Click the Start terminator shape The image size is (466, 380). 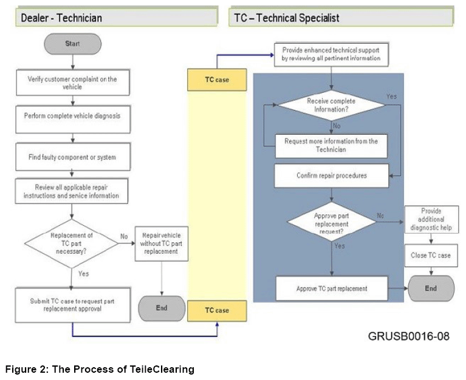pyautogui.click(x=72, y=44)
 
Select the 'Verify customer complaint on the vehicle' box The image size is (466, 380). pyautogui.click(x=72, y=83)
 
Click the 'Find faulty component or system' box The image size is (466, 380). pyautogui.click(x=72, y=157)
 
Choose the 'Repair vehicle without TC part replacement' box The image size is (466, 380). pyautogui.click(x=160, y=243)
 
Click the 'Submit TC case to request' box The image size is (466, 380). pyautogui.click(x=72, y=305)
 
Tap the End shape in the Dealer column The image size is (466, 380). pyautogui.click(x=161, y=308)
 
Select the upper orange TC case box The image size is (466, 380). pyautogui.click(x=217, y=80)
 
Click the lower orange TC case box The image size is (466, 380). pyautogui.click(x=217, y=310)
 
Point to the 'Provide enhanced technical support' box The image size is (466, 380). pyautogui.click(x=331, y=54)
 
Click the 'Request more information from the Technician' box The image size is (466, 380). pyautogui.click(x=331, y=145)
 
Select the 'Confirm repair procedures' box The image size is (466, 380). pyautogui.click(x=331, y=175)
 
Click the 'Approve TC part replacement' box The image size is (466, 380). pyautogui.click(x=331, y=288)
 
